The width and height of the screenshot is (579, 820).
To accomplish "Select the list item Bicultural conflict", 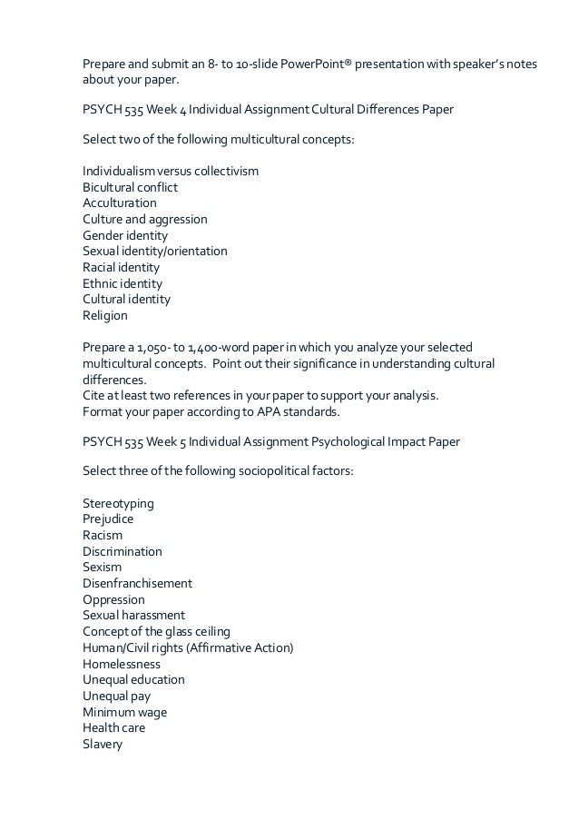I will pyautogui.click(x=131, y=187).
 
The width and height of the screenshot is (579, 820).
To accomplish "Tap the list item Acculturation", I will pyautogui.click(x=120, y=203).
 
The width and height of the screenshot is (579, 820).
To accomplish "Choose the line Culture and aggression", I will pyautogui.click(x=145, y=220).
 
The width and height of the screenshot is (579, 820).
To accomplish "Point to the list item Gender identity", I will pyautogui.click(x=125, y=235).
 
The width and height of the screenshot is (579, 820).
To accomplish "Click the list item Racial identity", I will pyautogui.click(x=122, y=268).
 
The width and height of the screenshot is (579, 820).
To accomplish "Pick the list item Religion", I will pyautogui.click(x=105, y=316).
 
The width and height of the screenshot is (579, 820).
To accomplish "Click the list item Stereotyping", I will pyautogui.click(x=118, y=503).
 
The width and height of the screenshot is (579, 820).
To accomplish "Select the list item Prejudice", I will pyautogui.click(x=108, y=519).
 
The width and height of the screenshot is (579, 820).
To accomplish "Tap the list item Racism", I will pyautogui.click(x=103, y=535).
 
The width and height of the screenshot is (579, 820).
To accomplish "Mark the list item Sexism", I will pyautogui.click(x=102, y=567).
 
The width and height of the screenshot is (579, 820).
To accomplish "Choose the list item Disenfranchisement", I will pyautogui.click(x=137, y=583).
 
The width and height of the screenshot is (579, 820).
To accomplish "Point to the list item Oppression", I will pyautogui.click(x=113, y=599).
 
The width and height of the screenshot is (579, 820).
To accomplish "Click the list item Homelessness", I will pyautogui.click(x=122, y=664).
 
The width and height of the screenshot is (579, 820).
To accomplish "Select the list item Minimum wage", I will pyautogui.click(x=124, y=712).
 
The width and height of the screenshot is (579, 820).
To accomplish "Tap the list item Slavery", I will pyautogui.click(x=103, y=745).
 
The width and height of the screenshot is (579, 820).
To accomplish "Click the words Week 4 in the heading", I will pyautogui.click(x=162, y=110).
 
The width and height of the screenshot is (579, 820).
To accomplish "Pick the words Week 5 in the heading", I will pyautogui.click(x=162, y=441).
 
